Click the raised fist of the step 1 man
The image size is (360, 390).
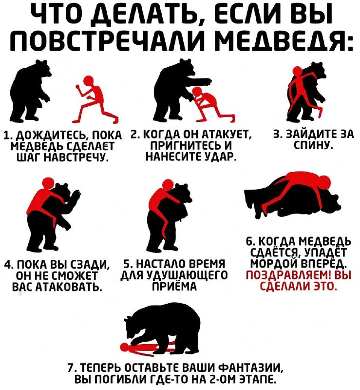pyautogui.click(x=78, y=87)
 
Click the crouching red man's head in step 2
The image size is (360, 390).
pyautogui.click(x=198, y=92)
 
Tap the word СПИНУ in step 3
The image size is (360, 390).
pyautogui.click(x=313, y=144)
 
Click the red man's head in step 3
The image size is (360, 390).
pyautogui.click(x=297, y=71)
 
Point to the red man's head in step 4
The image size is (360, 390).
pyautogui.click(x=47, y=183)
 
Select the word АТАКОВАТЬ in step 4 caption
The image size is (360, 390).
pyautogui.click(x=69, y=287)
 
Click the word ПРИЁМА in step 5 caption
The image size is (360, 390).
pyautogui.click(x=174, y=287)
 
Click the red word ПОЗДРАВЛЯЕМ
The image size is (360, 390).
pyautogui.click(x=289, y=275)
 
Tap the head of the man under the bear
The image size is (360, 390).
pyautogui.click(x=125, y=346)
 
